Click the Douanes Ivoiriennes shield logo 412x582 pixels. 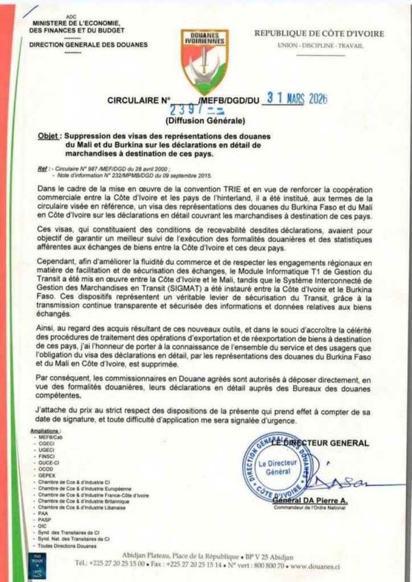(x=205, y=59)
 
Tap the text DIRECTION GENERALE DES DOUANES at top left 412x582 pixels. (x=88, y=45)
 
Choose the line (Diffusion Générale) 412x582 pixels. (x=205, y=121)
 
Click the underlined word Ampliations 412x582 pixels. (x=47, y=432)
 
